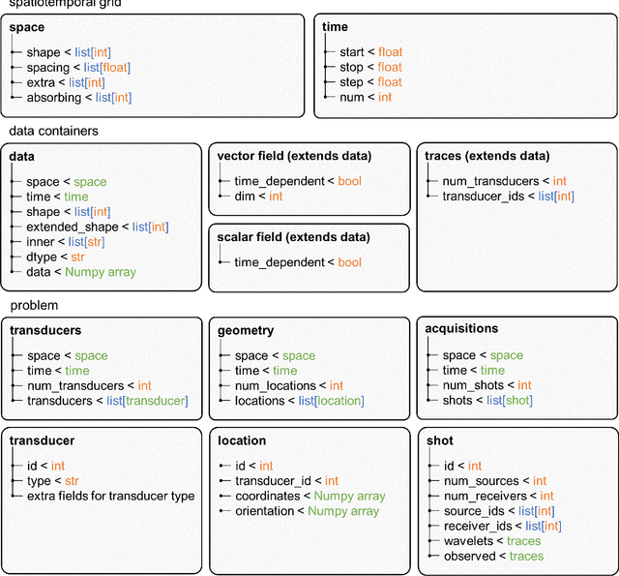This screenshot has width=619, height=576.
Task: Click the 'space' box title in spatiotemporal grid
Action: click(x=27, y=27)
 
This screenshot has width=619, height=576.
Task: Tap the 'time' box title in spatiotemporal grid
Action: click(x=335, y=27)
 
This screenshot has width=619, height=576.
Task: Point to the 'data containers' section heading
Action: click(x=54, y=130)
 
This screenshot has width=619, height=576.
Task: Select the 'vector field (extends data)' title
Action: click(x=294, y=156)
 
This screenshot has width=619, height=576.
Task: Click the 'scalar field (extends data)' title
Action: click(x=294, y=237)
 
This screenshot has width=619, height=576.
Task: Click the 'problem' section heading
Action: click(x=36, y=305)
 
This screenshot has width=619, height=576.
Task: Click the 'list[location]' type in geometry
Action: click(x=331, y=400)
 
